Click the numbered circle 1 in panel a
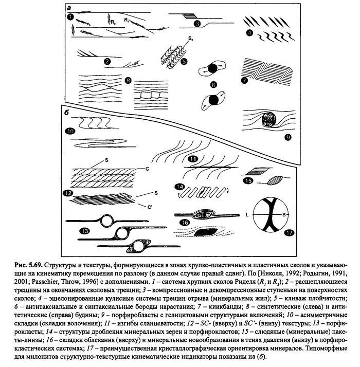point(69,17)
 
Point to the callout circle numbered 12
point(67,193)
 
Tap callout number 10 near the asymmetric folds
point(70,131)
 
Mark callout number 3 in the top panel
point(196,24)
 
